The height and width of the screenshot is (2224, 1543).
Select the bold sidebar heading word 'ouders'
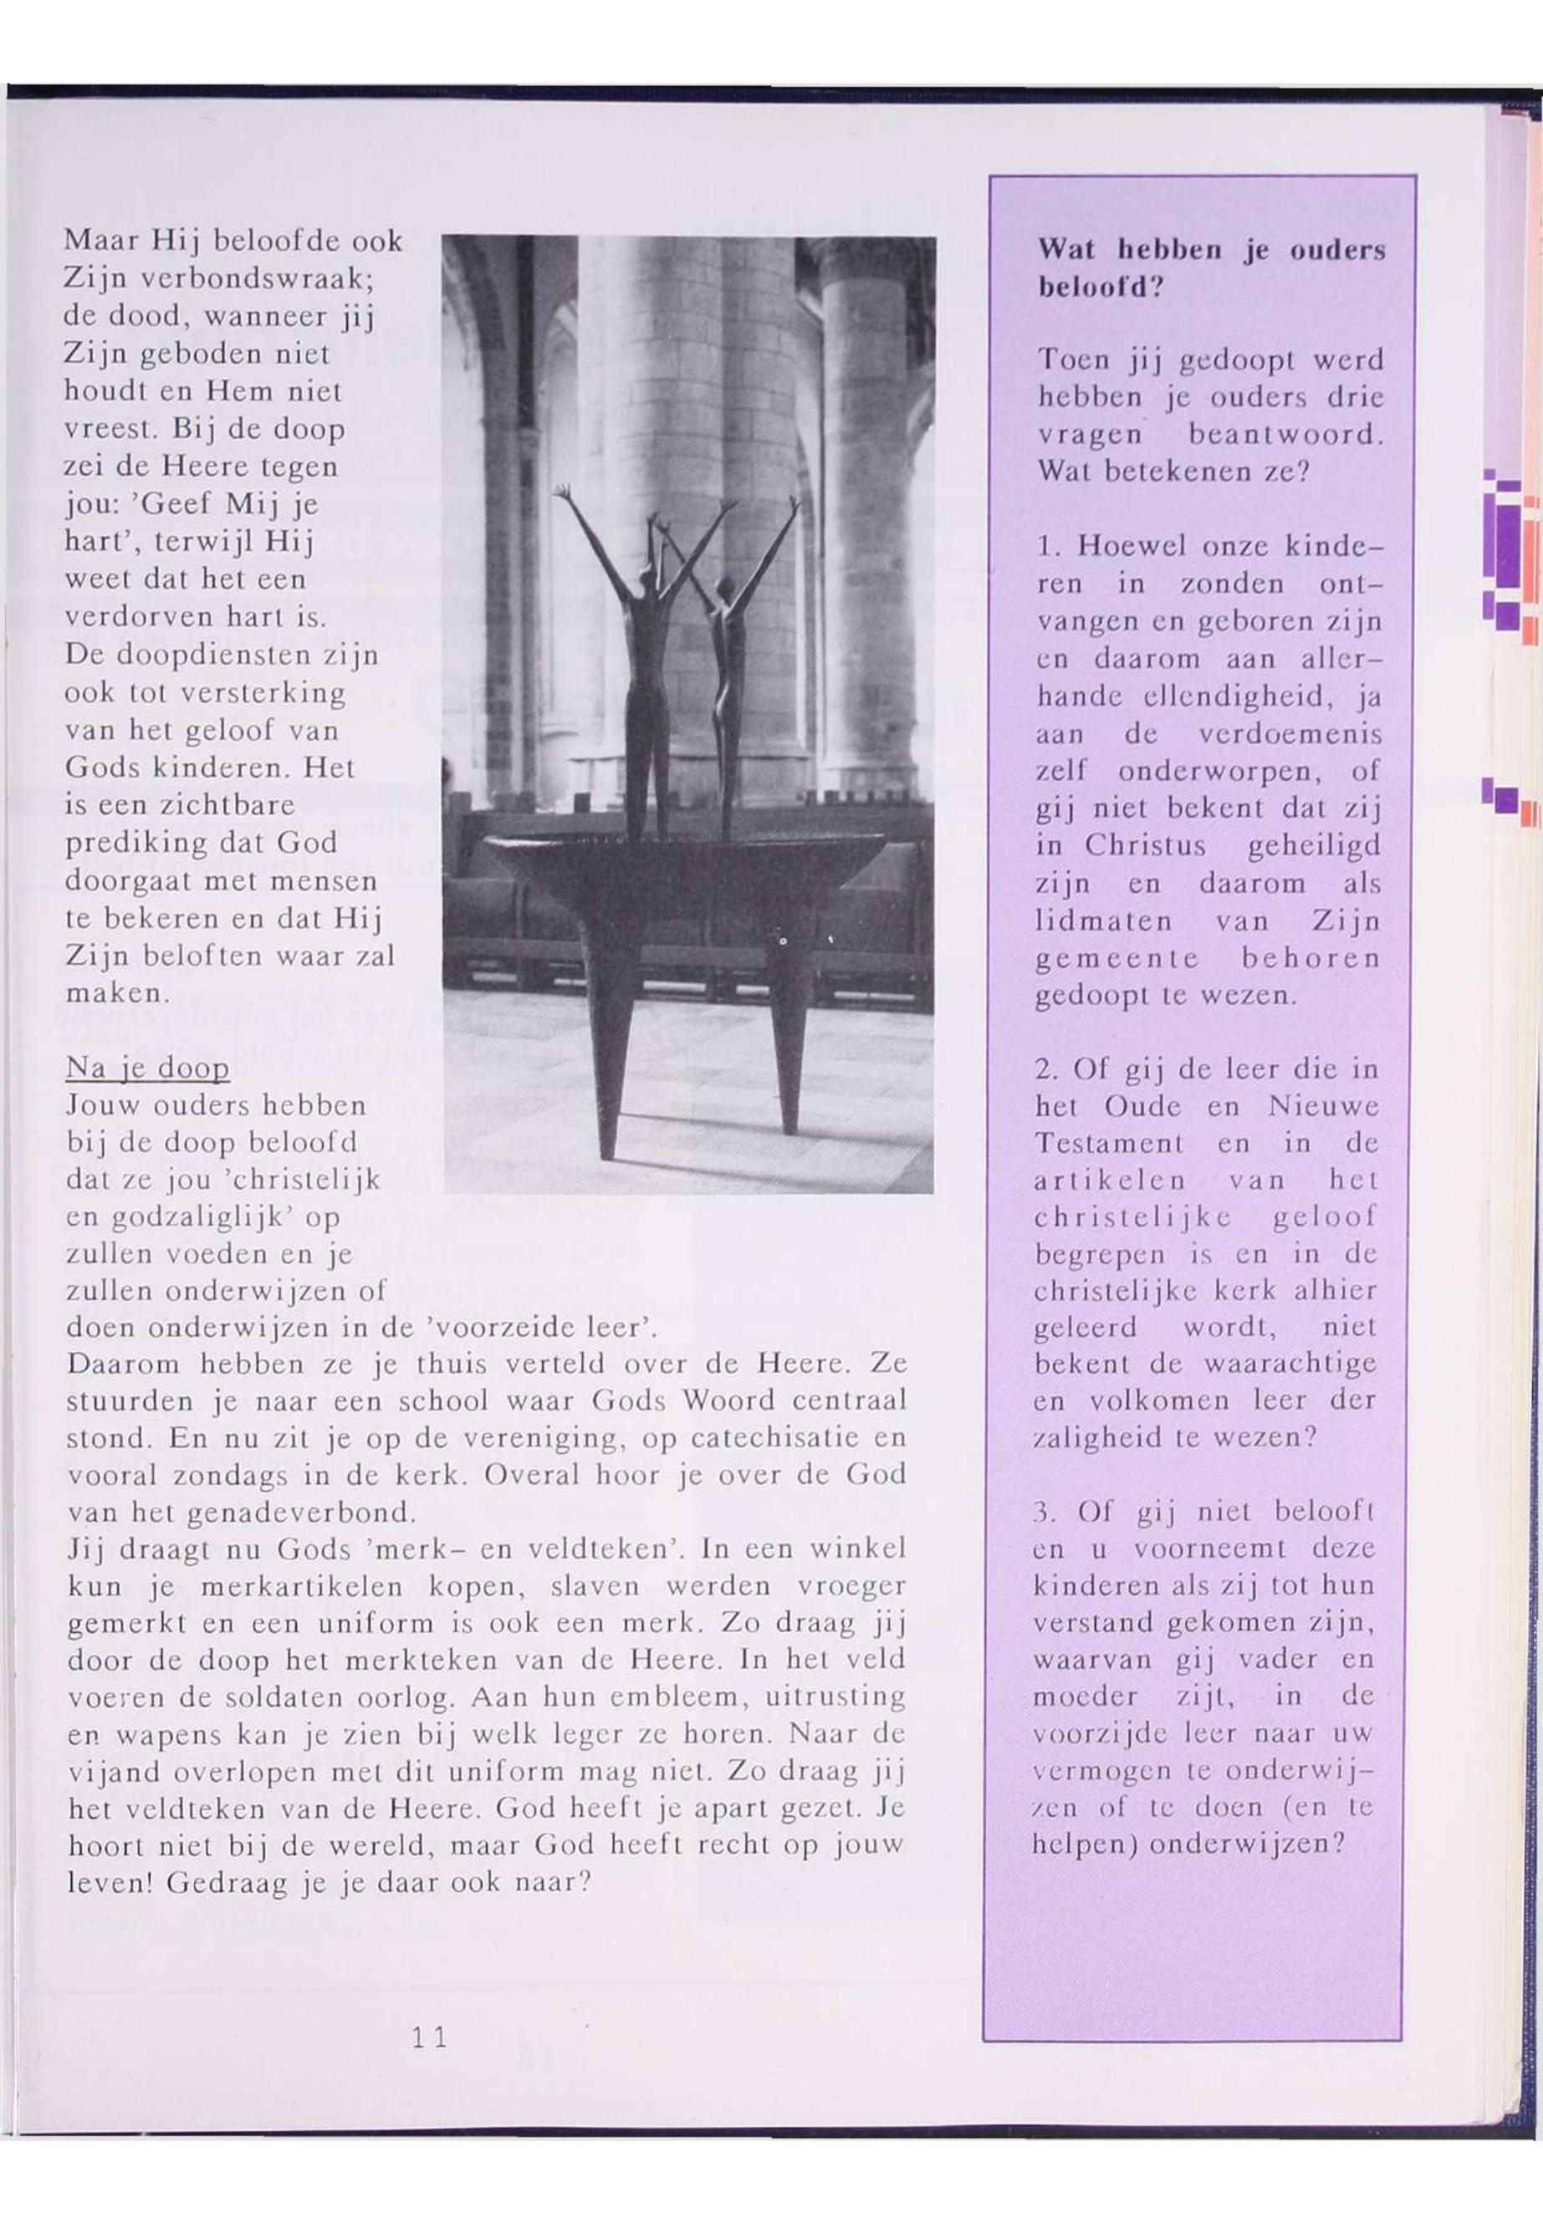(1337, 252)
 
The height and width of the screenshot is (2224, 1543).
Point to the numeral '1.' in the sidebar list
(1048, 546)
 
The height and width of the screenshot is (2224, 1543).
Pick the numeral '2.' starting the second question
(1047, 1070)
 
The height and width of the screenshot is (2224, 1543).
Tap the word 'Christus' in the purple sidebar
(1146, 846)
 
